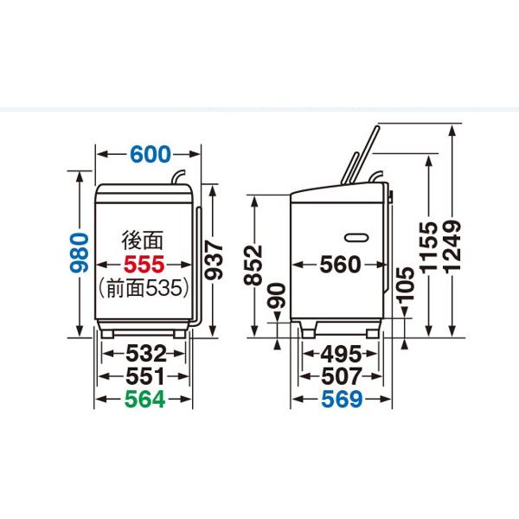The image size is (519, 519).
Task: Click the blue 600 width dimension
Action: click(151, 154)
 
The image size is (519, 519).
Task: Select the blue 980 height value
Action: click(80, 253)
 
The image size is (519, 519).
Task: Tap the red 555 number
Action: click(144, 264)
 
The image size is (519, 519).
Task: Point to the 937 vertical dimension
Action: click(214, 260)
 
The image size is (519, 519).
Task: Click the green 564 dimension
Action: click(145, 399)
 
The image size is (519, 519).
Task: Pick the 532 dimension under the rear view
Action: click(146, 354)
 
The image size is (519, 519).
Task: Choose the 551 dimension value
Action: click(145, 376)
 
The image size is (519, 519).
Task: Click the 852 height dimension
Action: click(253, 265)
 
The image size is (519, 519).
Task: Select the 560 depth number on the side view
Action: click(340, 265)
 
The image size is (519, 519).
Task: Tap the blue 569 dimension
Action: click(342, 399)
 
